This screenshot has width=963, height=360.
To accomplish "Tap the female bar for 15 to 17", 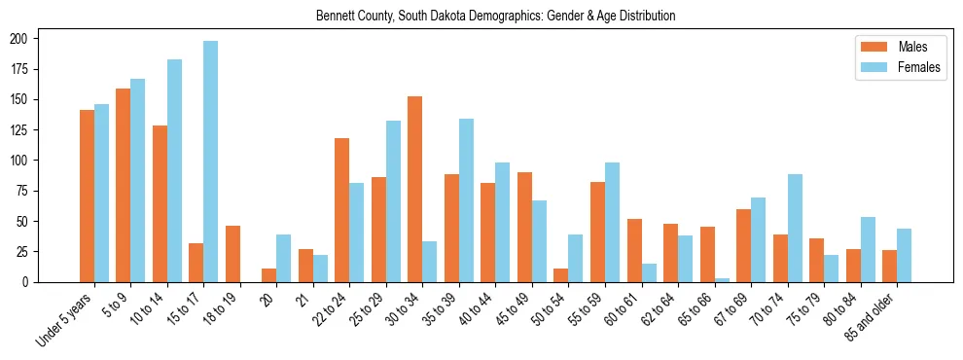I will [211, 162].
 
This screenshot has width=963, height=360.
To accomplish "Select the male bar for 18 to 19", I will [232, 254].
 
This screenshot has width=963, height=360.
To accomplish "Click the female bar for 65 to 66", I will [722, 279].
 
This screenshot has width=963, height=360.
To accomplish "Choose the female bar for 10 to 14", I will [174, 170].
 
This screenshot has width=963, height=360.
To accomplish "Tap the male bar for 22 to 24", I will [342, 210].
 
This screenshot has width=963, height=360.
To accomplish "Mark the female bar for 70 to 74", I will [795, 228].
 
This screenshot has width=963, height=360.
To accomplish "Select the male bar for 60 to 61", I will [634, 250].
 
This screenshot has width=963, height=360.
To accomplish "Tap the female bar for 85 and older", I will [904, 255].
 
